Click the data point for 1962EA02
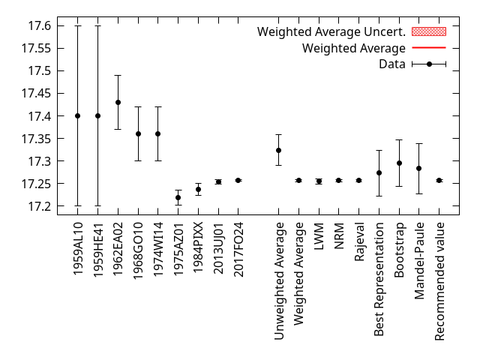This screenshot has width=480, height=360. [118, 102]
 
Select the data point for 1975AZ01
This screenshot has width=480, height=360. [178, 197]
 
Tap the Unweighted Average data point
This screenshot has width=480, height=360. [278, 150]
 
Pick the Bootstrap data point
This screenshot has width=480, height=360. [399, 163]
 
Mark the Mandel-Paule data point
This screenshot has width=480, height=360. [419, 168]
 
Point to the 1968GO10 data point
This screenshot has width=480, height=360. [138, 133]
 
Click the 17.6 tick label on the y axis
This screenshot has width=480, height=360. [39, 25]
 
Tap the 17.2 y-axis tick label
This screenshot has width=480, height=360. [39, 206]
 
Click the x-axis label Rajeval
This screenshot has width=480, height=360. [359, 241]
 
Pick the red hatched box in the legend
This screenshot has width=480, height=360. [429, 31]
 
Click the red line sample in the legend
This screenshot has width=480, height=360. [429, 48]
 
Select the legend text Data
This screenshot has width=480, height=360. [392, 64]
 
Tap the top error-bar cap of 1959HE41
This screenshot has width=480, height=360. [97, 25]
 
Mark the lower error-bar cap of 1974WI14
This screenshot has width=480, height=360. [158, 160]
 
